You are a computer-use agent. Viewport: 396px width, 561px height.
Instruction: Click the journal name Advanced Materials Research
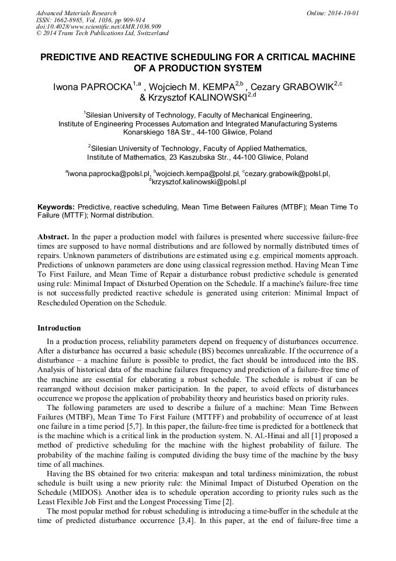pos(76,13)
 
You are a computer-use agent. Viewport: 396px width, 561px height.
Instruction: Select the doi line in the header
pos(99,26)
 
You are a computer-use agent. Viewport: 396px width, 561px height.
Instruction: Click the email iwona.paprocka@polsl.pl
pos(109,174)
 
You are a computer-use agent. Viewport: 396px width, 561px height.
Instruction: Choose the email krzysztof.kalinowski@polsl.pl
pos(199,182)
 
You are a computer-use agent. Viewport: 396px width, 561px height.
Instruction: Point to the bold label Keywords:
pos(56,207)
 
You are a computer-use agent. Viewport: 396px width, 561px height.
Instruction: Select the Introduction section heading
pos(59,328)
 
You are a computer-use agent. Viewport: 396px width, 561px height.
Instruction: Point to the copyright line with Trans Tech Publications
pos(102,33)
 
